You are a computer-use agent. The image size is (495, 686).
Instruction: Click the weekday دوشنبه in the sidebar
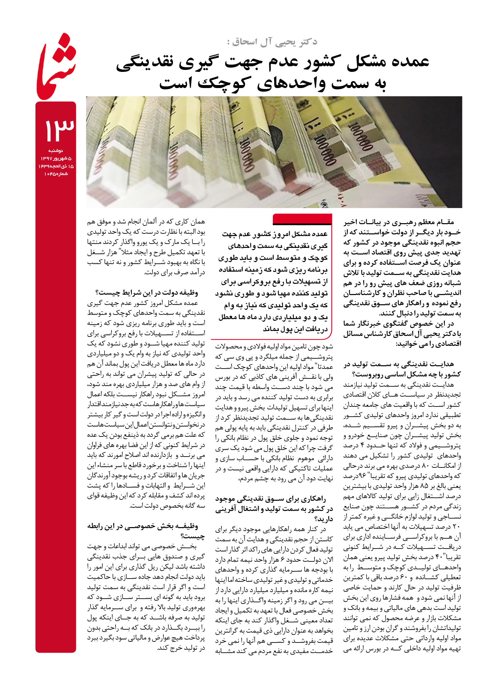pos(56,151)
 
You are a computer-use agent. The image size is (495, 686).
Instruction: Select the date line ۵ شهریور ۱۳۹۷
pos(56,159)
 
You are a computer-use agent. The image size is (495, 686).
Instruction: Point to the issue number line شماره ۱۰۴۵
pos(56,174)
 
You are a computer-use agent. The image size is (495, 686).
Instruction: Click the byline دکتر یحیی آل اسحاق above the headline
pos(272,42)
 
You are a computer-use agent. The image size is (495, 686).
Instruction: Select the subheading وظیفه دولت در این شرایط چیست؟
pos(147,292)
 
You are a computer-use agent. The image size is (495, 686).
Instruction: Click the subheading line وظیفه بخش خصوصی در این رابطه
pos(143,526)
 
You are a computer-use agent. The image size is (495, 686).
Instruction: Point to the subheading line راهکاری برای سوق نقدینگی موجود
pos(271,499)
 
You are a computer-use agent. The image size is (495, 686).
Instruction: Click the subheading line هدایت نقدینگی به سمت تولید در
pos(399,364)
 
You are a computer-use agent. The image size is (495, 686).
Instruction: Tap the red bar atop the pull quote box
pos(302,219)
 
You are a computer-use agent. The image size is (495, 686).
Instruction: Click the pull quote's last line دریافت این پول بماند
pos(295,329)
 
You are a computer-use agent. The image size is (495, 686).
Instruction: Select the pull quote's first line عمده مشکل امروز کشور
pos(275,234)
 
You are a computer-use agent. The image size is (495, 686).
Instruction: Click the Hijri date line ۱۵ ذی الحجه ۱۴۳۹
pos(56,166)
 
